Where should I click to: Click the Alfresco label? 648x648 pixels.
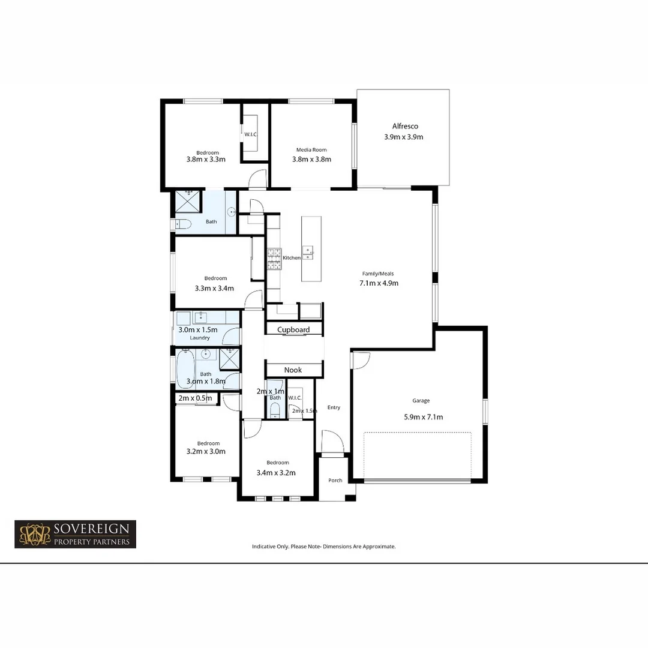pos(405,127)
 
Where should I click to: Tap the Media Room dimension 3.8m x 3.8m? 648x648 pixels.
pos(311,160)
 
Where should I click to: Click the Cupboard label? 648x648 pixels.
pos(293,329)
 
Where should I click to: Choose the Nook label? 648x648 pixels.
pos(293,370)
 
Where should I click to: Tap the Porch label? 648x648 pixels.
pos(335,480)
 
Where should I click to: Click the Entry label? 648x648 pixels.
pos(334,407)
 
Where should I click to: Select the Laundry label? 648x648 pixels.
pos(200,338)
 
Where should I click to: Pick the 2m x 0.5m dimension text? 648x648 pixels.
pos(195,398)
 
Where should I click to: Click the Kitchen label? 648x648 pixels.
pos(292,257)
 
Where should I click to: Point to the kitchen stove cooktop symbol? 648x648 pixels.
pos(274,257)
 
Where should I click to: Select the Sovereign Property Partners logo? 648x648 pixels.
pos(76,534)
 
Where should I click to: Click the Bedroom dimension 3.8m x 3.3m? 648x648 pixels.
pos(206,160)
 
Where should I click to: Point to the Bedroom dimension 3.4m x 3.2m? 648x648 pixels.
pos(277,472)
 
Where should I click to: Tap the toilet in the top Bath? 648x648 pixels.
pos(182,224)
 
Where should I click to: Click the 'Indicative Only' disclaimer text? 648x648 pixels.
pos(323,547)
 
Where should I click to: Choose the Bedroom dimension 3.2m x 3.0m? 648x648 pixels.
pos(206,451)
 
